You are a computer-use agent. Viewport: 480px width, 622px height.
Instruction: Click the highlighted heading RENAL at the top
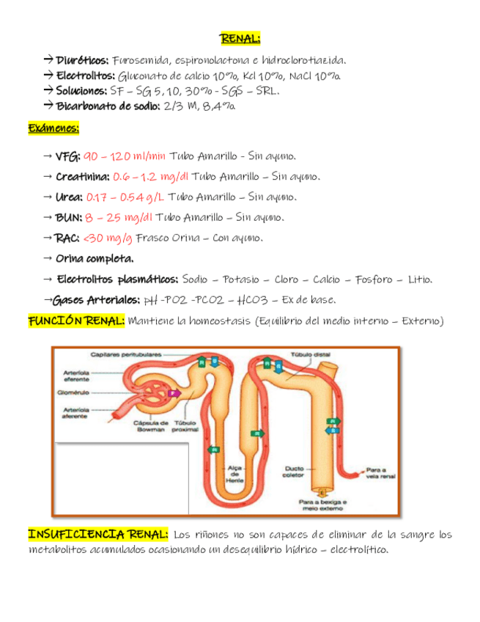(x=240, y=39)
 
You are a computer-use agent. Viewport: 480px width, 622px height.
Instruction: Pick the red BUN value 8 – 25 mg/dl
(x=119, y=218)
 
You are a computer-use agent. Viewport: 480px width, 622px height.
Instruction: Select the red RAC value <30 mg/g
(x=108, y=238)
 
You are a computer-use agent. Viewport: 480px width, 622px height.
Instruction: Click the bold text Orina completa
(x=95, y=259)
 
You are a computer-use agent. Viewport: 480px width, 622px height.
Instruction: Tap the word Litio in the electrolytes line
(x=420, y=279)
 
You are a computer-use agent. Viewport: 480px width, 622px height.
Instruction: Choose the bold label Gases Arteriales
(x=97, y=300)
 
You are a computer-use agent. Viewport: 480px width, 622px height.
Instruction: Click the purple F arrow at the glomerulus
(x=173, y=393)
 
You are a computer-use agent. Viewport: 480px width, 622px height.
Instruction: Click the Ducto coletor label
(x=294, y=470)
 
